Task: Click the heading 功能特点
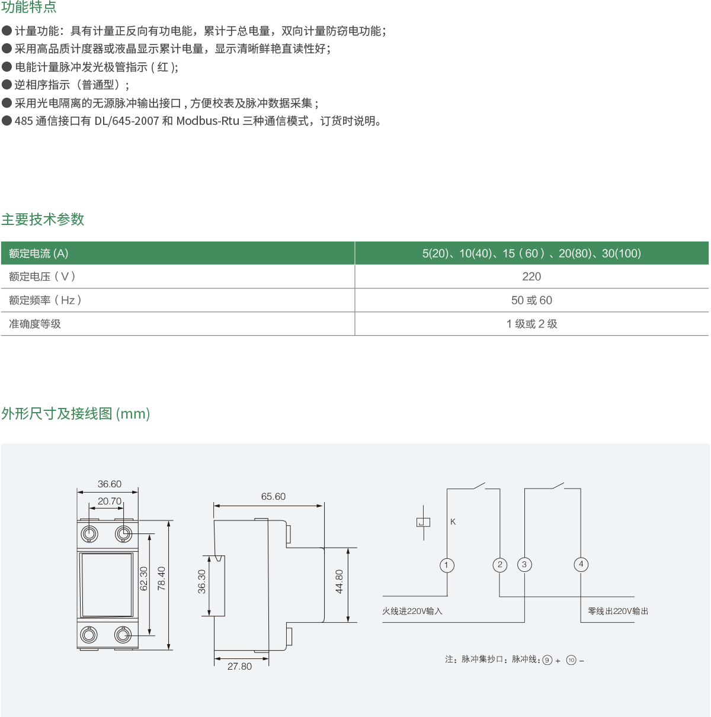pyautogui.click(x=29, y=8)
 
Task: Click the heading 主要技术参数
pyautogui.click(x=43, y=219)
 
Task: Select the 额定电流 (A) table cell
pyautogui.click(x=39, y=253)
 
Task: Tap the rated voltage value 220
pyautogui.click(x=531, y=276)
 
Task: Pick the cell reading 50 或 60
pyautogui.click(x=531, y=300)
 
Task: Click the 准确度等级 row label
pyautogui.click(x=35, y=324)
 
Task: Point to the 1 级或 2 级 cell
pyautogui.click(x=531, y=324)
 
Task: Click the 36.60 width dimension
pyautogui.click(x=110, y=484)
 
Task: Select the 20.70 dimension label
pyautogui.click(x=110, y=501)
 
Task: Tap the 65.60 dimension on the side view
pyautogui.click(x=273, y=497)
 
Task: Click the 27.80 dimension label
pyautogui.click(x=239, y=666)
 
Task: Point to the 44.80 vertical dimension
pyautogui.click(x=340, y=582)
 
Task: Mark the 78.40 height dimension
pyautogui.click(x=162, y=578)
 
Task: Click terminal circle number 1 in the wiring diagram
pyautogui.click(x=447, y=565)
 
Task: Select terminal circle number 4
pyautogui.click(x=581, y=564)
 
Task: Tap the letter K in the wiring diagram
pyautogui.click(x=453, y=522)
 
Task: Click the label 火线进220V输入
pyautogui.click(x=412, y=611)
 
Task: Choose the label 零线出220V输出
pyautogui.click(x=618, y=611)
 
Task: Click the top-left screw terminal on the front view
pyautogui.click(x=89, y=534)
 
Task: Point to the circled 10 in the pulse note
pyautogui.click(x=571, y=660)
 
